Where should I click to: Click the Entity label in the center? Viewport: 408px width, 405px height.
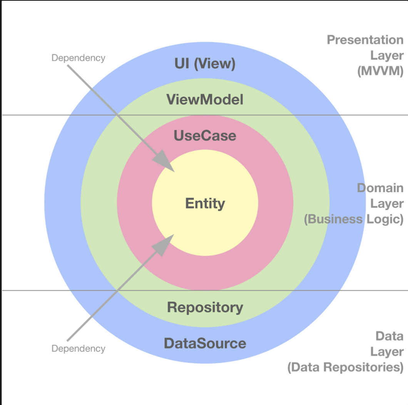[x=205, y=203]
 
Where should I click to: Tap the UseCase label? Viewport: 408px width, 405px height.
[x=205, y=136]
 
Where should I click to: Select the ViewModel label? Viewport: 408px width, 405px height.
[x=205, y=100]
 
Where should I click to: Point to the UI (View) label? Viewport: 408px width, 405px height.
[x=205, y=64]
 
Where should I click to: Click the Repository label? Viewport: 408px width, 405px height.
[x=205, y=307]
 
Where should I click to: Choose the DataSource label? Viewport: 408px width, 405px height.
[x=205, y=343]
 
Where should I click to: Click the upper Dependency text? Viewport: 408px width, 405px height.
[x=78, y=58]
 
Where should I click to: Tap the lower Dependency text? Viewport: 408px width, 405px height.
[x=78, y=348]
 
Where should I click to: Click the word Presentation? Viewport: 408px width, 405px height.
[x=365, y=40]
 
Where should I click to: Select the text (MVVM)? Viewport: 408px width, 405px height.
[x=380, y=71]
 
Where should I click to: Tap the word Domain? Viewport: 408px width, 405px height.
[x=380, y=188]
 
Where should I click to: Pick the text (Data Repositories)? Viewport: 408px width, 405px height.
[x=345, y=367]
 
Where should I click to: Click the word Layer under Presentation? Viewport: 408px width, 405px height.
[x=387, y=55]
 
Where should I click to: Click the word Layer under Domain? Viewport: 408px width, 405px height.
[x=387, y=204]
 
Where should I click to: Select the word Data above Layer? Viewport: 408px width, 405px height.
[x=389, y=336]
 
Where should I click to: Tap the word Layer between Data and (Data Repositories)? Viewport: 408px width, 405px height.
[x=387, y=351]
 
